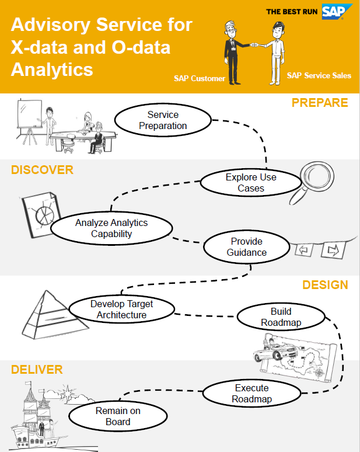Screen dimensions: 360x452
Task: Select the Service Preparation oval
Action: [163, 120]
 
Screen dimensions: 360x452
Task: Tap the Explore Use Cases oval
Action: [251, 182]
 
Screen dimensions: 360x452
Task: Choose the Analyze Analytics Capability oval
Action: [111, 228]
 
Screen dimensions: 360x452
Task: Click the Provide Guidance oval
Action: [247, 247]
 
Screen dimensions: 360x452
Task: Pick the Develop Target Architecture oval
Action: [121, 310]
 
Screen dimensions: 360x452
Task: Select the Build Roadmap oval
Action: [281, 317]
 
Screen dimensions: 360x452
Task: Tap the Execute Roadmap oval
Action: [251, 393]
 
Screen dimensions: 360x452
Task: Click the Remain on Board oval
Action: [118, 416]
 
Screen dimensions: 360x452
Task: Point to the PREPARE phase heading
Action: [320, 103]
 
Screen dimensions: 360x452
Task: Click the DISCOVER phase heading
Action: [42, 170]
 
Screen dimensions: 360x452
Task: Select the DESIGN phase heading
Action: [325, 285]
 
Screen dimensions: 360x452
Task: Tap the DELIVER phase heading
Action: [37, 370]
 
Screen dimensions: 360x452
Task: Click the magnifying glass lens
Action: [317, 176]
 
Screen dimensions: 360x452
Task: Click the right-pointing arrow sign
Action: [333, 250]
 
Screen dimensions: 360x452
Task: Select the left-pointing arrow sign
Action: [304, 249]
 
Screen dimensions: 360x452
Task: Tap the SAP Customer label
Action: [200, 78]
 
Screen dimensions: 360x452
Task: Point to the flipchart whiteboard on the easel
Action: [30, 113]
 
